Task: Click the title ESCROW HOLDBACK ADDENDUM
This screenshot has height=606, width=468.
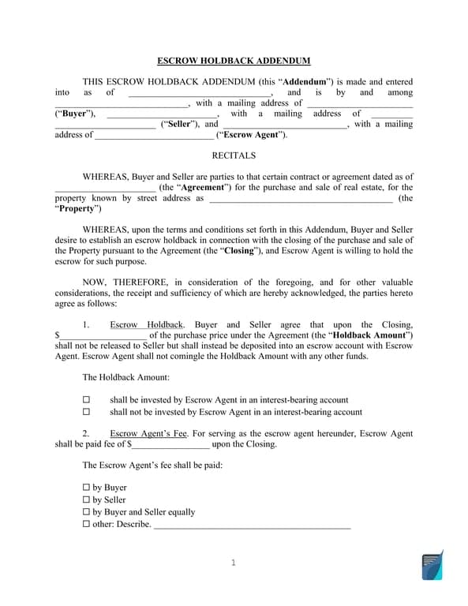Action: tap(234, 61)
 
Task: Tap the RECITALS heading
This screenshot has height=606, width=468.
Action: tap(234, 155)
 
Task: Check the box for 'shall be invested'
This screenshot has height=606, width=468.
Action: tap(87, 400)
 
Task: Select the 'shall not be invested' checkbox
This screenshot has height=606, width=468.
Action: tap(87, 412)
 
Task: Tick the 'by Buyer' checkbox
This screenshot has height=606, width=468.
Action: tap(87, 488)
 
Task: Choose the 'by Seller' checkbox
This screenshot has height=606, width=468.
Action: tap(87, 500)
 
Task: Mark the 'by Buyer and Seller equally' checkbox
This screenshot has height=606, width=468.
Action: tap(87, 512)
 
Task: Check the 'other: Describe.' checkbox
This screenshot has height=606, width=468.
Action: tap(87, 525)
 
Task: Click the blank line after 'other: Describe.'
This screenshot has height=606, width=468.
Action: tap(252, 526)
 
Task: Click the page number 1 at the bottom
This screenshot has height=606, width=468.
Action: tap(234, 563)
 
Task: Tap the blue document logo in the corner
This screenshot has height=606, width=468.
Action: tap(432, 566)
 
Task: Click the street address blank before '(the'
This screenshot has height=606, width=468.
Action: tap(300, 199)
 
